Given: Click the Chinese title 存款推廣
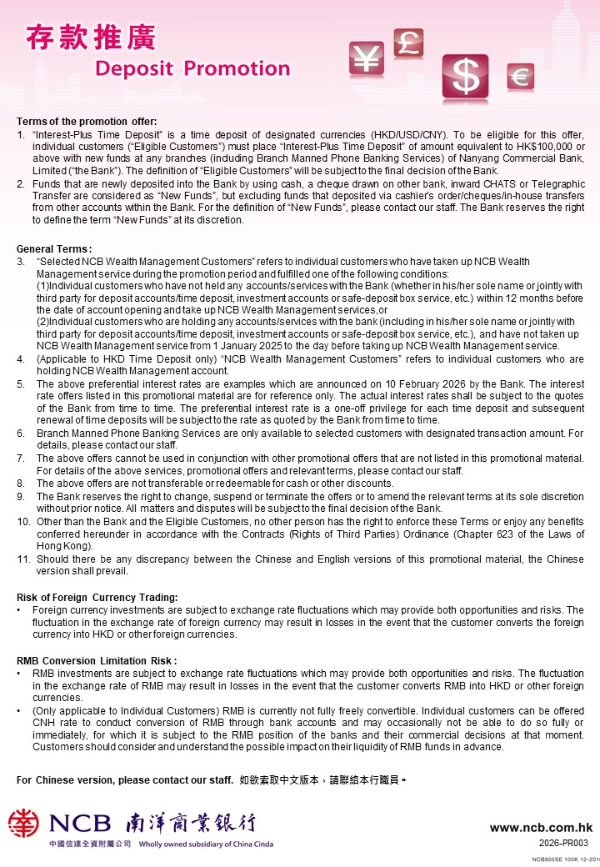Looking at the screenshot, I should tap(90, 38).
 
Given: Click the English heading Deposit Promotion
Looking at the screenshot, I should tap(192, 68).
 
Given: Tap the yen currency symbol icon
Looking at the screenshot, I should tap(365, 57).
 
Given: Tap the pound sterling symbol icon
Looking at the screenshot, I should tap(408, 43).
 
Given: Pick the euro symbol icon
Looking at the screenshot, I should tap(521, 77).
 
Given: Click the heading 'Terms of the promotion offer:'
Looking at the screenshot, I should tap(87, 122).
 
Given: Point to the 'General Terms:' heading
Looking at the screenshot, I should tap(54, 248).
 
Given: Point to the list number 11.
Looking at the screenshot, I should tap(23, 559).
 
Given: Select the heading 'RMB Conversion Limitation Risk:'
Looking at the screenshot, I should tap(97, 660).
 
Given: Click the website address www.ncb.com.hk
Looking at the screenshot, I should tap(541, 828).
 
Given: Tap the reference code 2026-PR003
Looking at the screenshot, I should tap(564, 843).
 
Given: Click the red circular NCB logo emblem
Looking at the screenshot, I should tap(23, 824).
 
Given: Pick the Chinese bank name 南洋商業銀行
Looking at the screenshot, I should tap(191, 824).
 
